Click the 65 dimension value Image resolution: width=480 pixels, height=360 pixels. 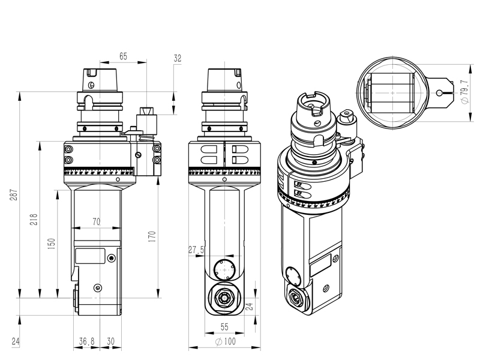pyautogui.click(x=123, y=56)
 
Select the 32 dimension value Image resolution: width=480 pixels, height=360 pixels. pyautogui.click(x=178, y=58)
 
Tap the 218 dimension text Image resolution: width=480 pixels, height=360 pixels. pyautogui.click(x=34, y=220)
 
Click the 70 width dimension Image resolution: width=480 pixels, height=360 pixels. pyautogui.click(x=96, y=221)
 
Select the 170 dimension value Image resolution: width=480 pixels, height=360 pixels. pyautogui.click(x=152, y=236)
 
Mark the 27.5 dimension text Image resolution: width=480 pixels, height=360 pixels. pyautogui.click(x=196, y=249)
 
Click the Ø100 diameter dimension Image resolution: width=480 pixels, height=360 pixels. pyautogui.click(x=224, y=341)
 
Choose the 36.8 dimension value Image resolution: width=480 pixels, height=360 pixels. pyautogui.click(x=87, y=341)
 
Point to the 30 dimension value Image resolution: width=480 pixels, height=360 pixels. pyautogui.click(x=110, y=341)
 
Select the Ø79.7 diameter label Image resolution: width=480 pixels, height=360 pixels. pyautogui.click(x=464, y=93)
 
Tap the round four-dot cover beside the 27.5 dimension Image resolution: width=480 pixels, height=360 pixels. pyautogui.click(x=225, y=269)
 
